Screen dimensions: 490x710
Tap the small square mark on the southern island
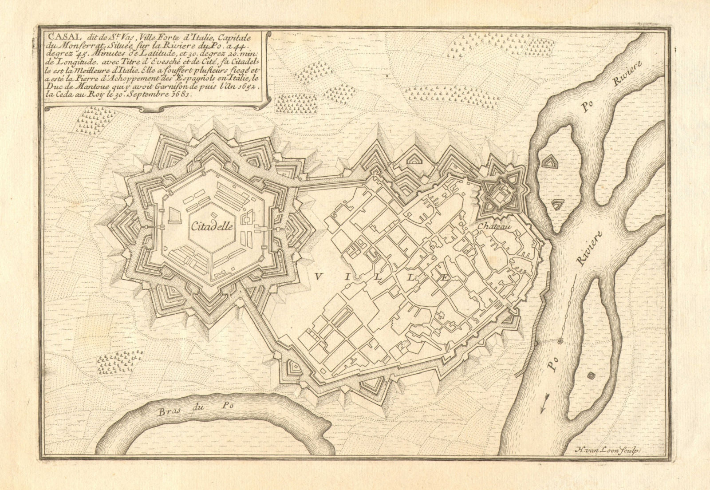click(x=591, y=376)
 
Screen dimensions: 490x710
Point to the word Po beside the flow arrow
click(x=551, y=367)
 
